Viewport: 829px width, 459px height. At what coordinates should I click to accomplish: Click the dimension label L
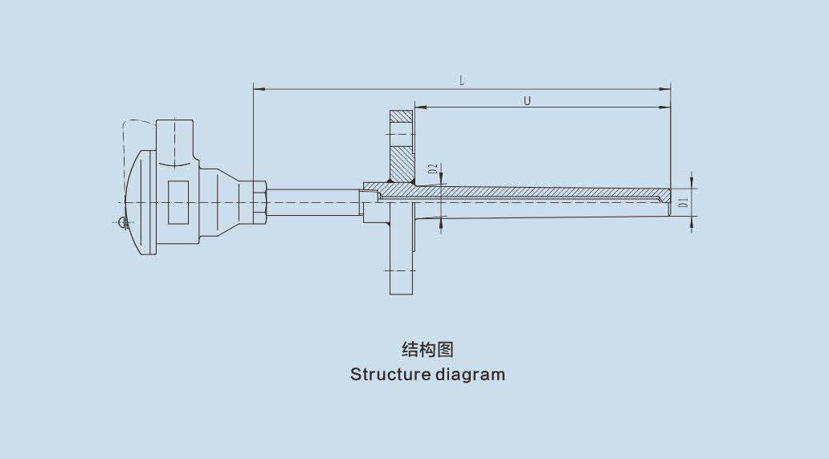(x=462, y=80)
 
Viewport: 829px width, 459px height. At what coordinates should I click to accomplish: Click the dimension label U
(x=527, y=101)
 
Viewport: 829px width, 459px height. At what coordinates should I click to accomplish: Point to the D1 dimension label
(x=683, y=202)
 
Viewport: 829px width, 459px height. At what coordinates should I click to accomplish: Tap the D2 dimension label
(x=432, y=169)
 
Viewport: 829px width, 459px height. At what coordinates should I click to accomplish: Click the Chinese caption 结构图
(x=427, y=349)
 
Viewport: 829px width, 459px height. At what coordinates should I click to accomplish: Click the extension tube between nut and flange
(x=313, y=201)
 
